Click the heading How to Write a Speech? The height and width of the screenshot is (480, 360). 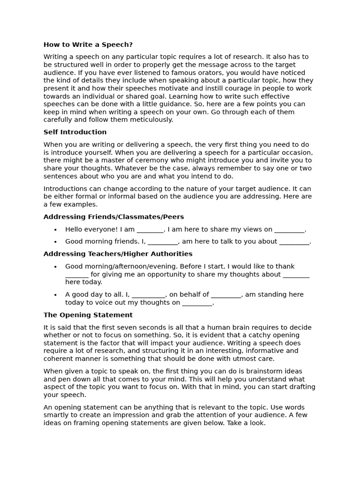(88, 45)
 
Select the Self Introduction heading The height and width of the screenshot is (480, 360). (75, 132)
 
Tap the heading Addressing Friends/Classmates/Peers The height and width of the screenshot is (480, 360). (113, 217)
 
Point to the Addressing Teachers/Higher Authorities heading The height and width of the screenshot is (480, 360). (118, 254)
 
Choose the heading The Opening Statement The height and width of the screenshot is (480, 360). (88, 315)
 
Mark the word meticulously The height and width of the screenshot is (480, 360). (151, 120)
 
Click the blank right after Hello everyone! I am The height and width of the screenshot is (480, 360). (150, 230)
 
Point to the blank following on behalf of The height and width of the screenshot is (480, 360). (226, 295)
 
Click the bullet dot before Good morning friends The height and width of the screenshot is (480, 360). (55, 242)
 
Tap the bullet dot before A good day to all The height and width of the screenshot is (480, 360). (55, 295)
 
